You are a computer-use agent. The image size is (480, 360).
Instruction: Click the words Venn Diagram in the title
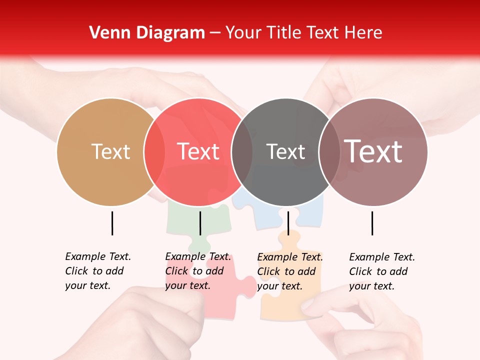tap(147, 33)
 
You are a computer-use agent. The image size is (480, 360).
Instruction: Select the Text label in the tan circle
tap(110, 152)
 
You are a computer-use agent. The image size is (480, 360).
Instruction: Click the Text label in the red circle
tap(198, 152)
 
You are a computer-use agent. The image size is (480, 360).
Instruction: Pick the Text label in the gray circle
tap(285, 152)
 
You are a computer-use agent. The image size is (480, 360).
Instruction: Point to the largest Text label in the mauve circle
tap(373, 151)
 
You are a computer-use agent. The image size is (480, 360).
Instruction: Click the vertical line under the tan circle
tap(112, 223)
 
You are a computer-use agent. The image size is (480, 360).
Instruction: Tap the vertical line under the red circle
tap(200, 223)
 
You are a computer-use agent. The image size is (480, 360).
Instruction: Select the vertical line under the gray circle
tap(288, 223)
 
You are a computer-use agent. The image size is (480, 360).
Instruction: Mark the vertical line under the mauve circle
tap(372, 223)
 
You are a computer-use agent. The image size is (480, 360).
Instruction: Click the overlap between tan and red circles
tap(154, 152)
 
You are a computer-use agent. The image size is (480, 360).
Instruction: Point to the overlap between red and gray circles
tap(242, 152)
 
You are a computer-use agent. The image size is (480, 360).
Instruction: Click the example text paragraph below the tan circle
tap(97, 271)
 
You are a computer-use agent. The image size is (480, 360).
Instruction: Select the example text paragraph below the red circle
tap(197, 271)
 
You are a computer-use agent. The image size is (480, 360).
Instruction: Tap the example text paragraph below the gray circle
tap(289, 271)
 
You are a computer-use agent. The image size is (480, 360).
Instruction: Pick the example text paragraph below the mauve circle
tap(381, 271)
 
